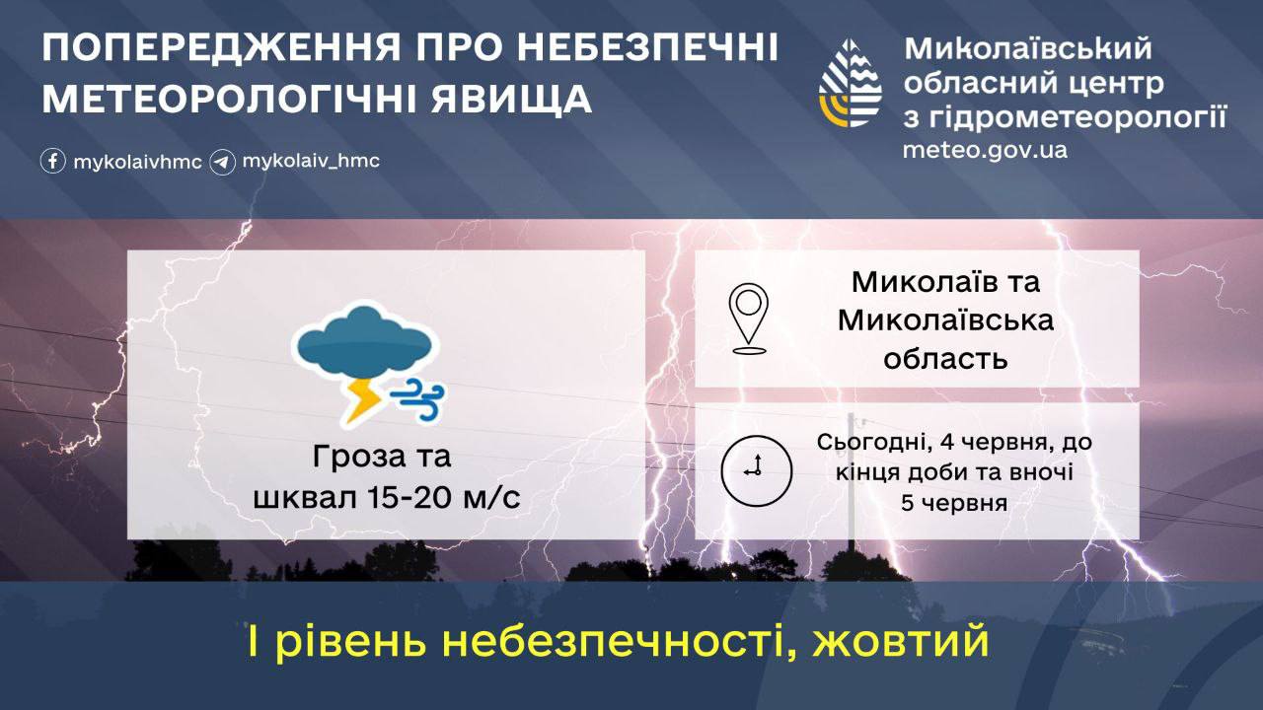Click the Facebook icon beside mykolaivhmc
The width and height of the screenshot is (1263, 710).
tap(53, 161)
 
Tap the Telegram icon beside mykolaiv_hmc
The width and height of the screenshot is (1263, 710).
tap(223, 162)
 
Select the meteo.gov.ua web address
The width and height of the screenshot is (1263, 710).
tap(985, 151)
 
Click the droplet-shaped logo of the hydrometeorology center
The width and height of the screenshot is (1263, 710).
tap(850, 83)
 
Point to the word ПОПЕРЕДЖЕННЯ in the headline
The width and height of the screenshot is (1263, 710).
tap(221, 47)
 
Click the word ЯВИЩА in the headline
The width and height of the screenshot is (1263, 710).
tap(511, 100)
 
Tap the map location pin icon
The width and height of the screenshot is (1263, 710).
tap(748, 319)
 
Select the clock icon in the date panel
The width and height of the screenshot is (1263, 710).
tap(756, 470)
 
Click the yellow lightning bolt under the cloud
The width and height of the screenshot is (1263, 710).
tap(361, 401)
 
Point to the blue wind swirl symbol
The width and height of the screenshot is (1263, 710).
tap(417, 399)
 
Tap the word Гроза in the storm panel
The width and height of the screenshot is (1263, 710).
tap(342, 457)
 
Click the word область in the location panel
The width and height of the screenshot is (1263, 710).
tap(945, 358)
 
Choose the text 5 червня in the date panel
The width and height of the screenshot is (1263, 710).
tap(954, 502)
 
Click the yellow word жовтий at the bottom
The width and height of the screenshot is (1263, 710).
tap(901, 641)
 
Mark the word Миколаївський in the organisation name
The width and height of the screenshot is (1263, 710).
tap(1028, 48)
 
